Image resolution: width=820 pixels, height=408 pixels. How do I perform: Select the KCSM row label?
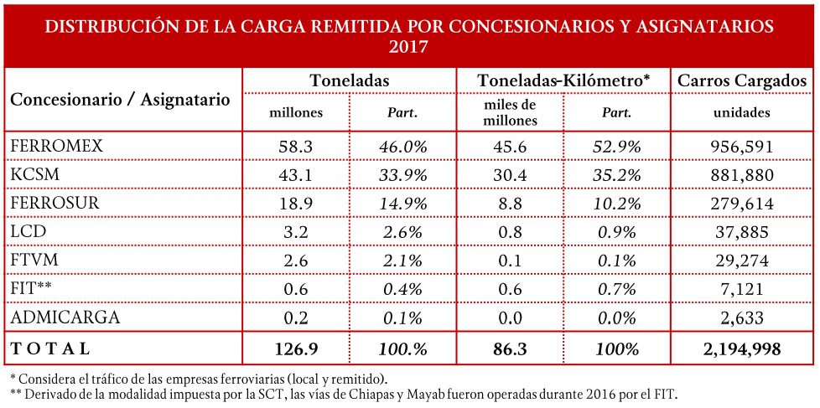30,175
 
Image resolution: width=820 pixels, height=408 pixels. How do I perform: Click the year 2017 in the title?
409,47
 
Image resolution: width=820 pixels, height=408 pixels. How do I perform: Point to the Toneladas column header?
350,81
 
